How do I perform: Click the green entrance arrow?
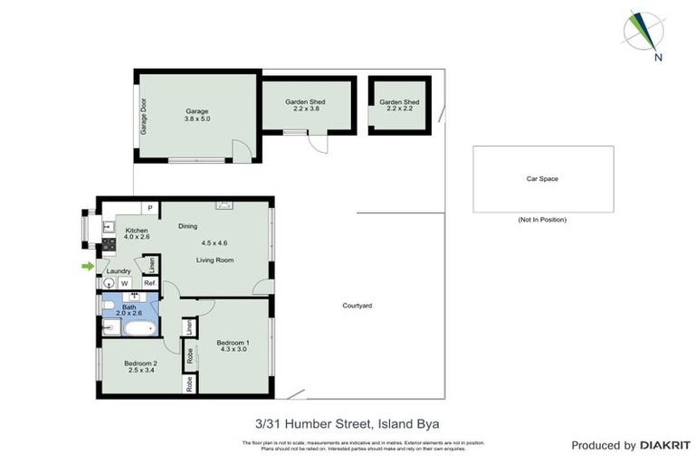tap(87, 266)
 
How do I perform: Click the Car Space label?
tap(542, 179)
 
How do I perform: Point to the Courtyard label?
tap(357, 306)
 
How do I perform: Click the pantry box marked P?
tap(150, 208)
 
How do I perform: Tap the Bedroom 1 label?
tap(233, 346)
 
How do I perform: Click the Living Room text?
tap(215, 260)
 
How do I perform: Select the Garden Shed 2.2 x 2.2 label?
tap(399, 107)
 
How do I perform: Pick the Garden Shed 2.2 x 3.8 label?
tap(305, 107)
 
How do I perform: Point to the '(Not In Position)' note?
tap(542, 220)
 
